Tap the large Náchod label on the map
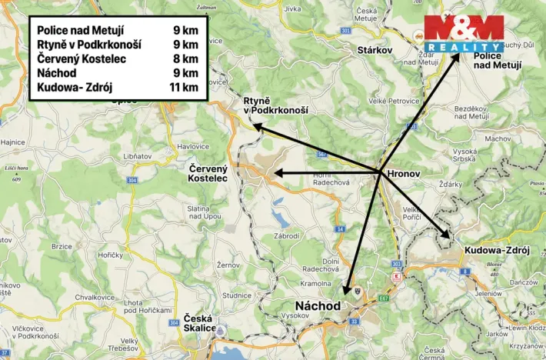(318, 306)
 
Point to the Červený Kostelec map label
(208, 173)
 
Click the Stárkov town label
(375, 50)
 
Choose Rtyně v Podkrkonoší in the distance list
(89, 45)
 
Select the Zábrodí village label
(288, 235)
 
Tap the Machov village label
(498, 138)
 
